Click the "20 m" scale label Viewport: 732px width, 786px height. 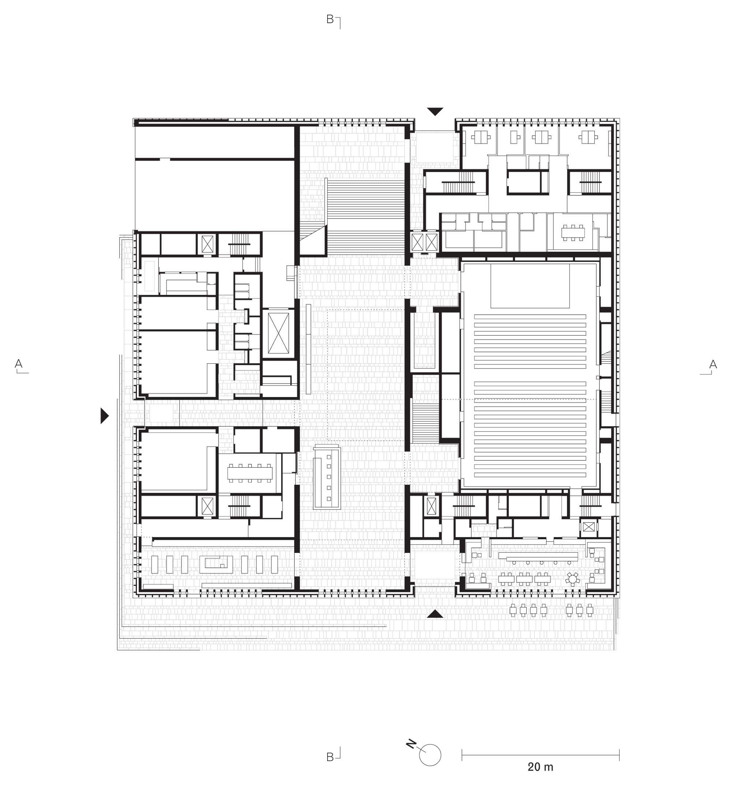(540, 767)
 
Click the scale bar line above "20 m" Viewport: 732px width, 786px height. (540, 755)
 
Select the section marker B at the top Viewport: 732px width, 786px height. (330, 19)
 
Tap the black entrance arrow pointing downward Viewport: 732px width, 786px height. (434, 112)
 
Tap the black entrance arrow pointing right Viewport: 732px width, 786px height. (104, 416)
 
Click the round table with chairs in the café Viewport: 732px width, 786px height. (572, 578)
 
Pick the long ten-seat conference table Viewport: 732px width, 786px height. (250, 472)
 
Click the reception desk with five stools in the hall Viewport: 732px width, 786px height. (326, 478)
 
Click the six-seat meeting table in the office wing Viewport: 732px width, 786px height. (573, 232)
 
